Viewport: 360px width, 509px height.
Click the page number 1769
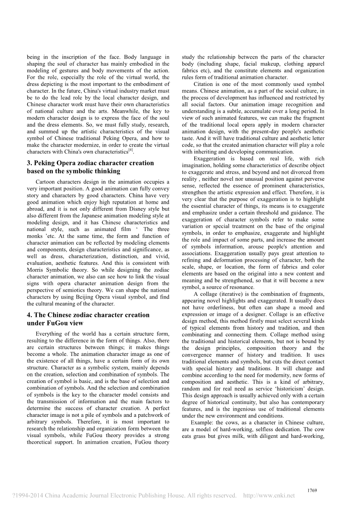312,490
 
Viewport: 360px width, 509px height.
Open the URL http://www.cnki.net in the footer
269,495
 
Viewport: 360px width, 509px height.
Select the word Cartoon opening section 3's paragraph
46,182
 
